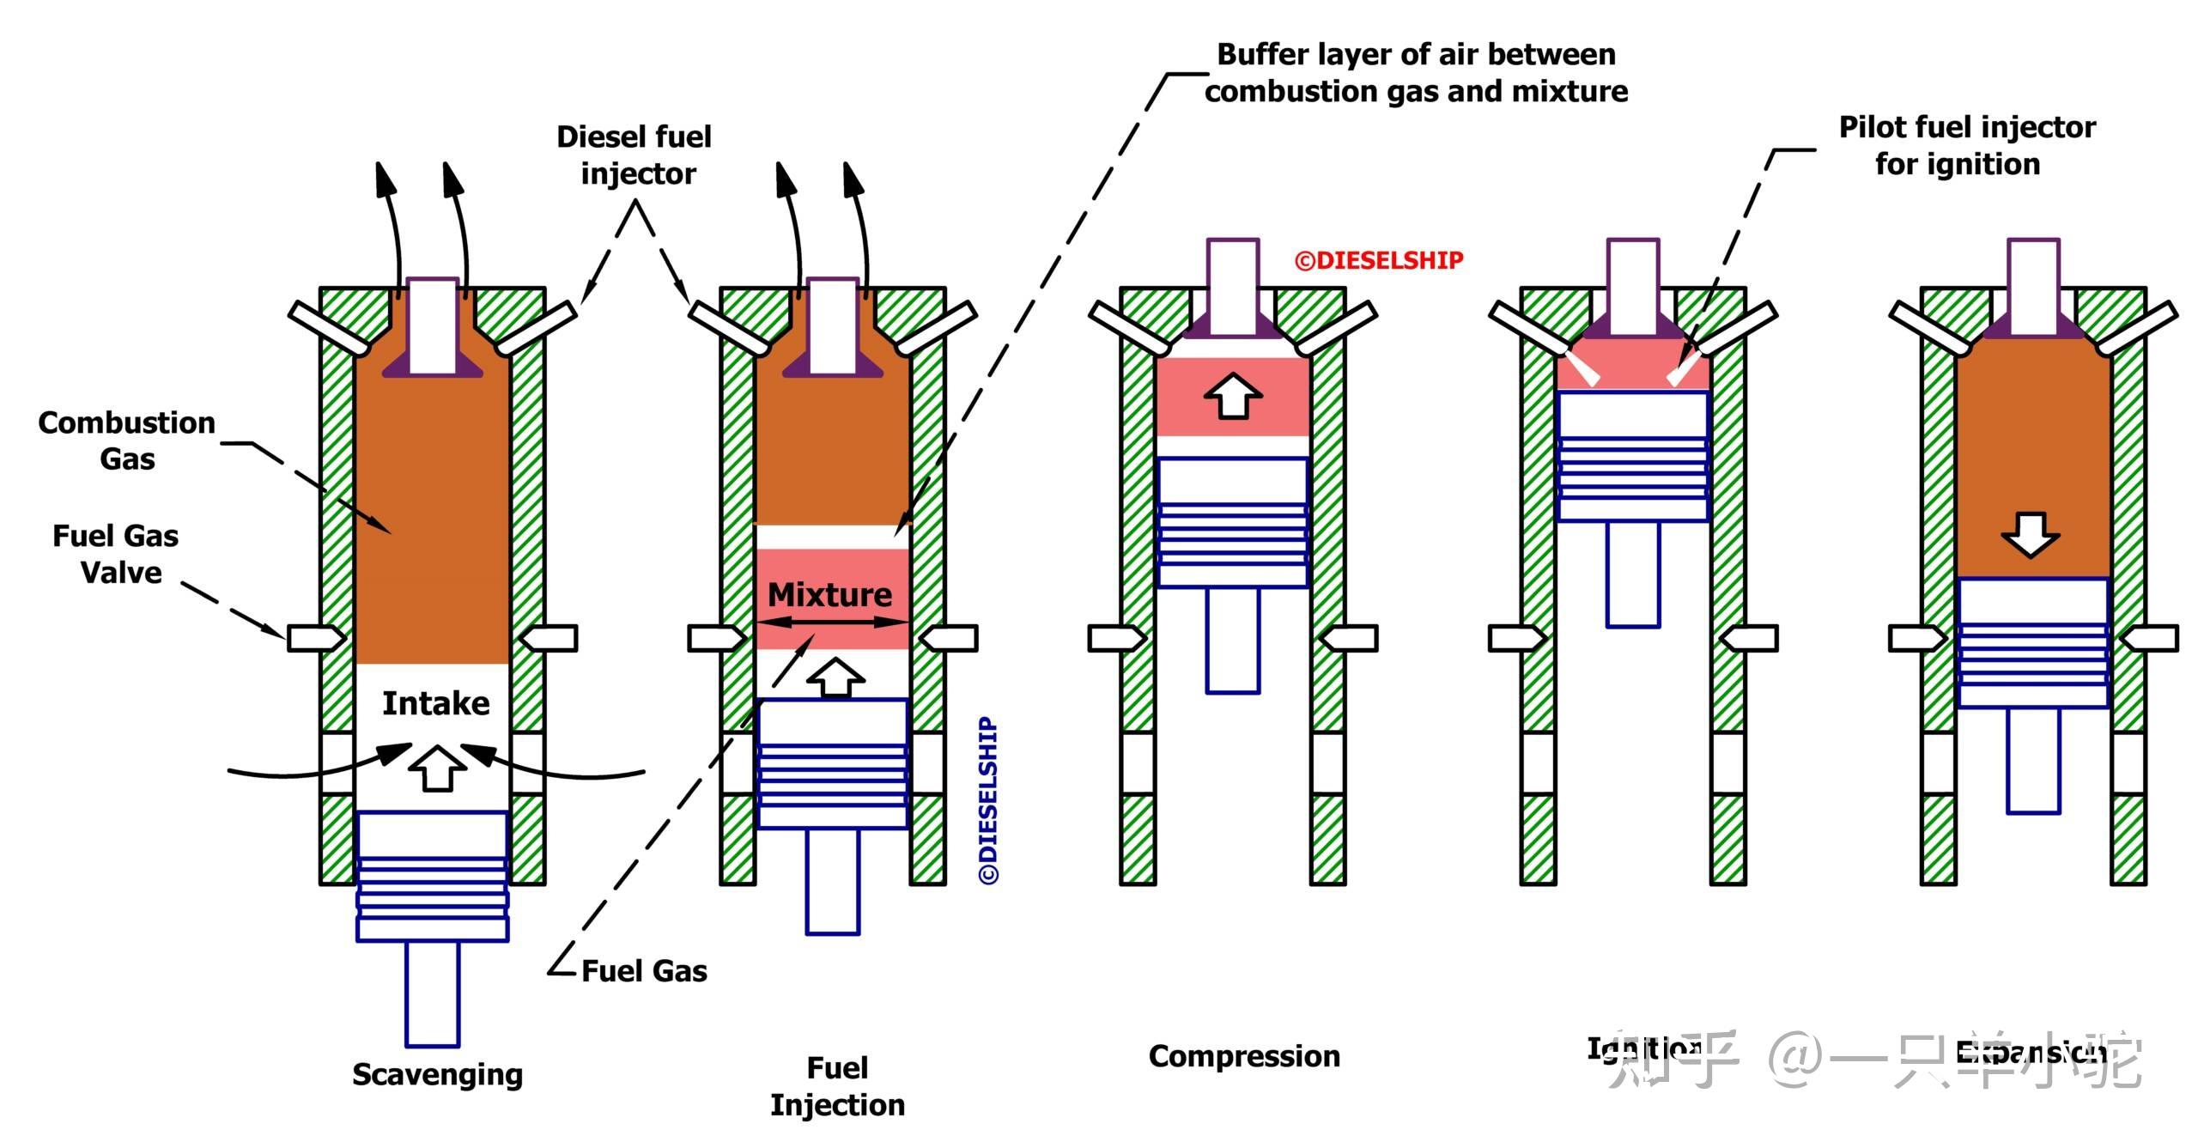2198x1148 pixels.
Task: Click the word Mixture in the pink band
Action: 829,594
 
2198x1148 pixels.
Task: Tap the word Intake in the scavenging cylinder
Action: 435,703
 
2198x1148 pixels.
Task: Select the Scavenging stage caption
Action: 437,1074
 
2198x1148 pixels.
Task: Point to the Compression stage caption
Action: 1244,1056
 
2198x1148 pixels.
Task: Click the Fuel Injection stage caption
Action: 837,1086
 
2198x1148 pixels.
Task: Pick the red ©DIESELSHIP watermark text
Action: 1379,260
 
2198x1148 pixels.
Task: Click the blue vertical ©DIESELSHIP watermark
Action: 989,800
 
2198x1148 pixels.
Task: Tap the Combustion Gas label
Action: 127,440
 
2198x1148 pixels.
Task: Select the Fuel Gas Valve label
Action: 116,554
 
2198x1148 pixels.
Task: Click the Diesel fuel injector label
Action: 635,155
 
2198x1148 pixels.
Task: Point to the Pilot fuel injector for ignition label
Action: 1965,145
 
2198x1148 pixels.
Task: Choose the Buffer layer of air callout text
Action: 1417,73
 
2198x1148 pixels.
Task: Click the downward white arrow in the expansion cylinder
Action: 2031,535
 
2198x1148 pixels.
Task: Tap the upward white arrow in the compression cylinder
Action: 1233,396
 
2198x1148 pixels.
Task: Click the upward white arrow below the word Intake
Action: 437,767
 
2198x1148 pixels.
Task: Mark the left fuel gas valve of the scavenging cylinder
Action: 315,638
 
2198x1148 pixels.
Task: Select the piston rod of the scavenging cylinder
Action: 432,993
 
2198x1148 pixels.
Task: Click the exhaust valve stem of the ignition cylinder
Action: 1632,285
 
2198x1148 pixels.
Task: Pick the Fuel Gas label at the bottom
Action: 644,971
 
